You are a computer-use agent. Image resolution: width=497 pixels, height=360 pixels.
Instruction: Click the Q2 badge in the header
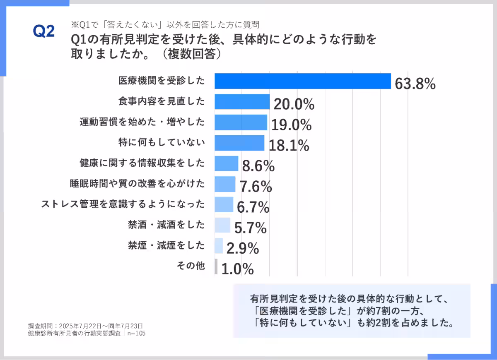(x=43, y=31)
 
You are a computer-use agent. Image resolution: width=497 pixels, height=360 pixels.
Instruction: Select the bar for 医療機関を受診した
(x=302, y=81)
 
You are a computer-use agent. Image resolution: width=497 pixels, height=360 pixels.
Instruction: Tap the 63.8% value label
(x=415, y=84)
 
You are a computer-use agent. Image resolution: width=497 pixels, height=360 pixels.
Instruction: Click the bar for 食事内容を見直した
(x=242, y=101)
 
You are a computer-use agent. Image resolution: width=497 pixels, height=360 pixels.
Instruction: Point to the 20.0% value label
(x=294, y=104)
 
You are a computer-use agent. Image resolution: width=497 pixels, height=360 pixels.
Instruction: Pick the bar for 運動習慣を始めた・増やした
(x=241, y=122)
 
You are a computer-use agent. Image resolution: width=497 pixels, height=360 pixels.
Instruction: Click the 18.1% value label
(x=289, y=145)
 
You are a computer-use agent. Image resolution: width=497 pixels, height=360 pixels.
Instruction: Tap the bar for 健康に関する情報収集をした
(x=226, y=163)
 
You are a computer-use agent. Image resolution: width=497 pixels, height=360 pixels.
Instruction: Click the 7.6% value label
(x=256, y=187)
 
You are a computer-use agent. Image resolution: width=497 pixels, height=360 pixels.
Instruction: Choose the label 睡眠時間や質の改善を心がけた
(x=137, y=183)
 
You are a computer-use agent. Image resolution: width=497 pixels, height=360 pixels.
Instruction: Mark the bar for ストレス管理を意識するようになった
(x=224, y=204)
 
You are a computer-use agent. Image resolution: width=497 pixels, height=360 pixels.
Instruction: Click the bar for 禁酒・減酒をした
(x=222, y=225)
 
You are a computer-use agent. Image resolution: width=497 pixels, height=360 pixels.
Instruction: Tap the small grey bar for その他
(x=216, y=266)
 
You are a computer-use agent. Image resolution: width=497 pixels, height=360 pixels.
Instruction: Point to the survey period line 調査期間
(x=85, y=326)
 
